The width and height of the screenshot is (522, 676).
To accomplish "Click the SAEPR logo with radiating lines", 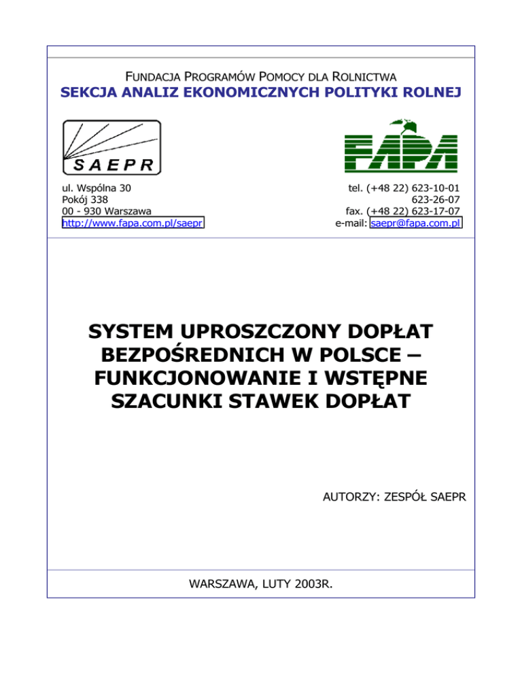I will coord(111,148).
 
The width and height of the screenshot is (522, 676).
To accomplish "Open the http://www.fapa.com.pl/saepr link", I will coord(133,222).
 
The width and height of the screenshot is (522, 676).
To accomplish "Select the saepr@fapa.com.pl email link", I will coord(415,222).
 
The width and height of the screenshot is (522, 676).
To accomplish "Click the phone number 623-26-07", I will coord(437,199).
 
